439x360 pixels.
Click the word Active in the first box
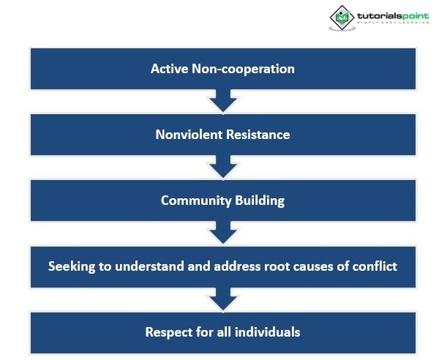[168, 69]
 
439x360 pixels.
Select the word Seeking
[72, 266]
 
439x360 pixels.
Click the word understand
[143, 266]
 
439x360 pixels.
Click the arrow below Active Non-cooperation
[223, 101]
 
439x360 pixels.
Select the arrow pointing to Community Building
[223, 167]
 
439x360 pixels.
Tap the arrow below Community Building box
[223, 233]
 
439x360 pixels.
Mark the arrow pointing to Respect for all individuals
[223, 299]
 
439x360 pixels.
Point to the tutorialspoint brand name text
[390, 15]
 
